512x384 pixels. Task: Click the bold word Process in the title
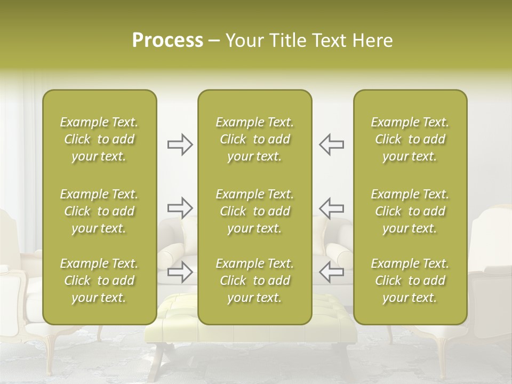(x=167, y=41)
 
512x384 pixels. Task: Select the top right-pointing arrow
(x=180, y=145)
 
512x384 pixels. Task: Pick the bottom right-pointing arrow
(x=180, y=272)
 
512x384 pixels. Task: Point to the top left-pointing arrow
(x=331, y=145)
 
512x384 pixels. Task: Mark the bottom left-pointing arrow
(x=331, y=272)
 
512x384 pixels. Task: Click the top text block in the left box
(x=99, y=139)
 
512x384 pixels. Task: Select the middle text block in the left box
(x=99, y=211)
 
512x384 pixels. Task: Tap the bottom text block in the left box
(x=99, y=281)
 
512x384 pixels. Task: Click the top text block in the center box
(x=254, y=139)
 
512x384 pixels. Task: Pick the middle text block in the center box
(x=254, y=211)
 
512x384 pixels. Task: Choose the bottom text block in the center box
(x=254, y=281)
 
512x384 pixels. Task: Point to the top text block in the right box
(x=410, y=139)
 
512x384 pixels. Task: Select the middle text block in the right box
(x=410, y=211)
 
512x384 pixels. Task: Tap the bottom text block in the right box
(x=410, y=281)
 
